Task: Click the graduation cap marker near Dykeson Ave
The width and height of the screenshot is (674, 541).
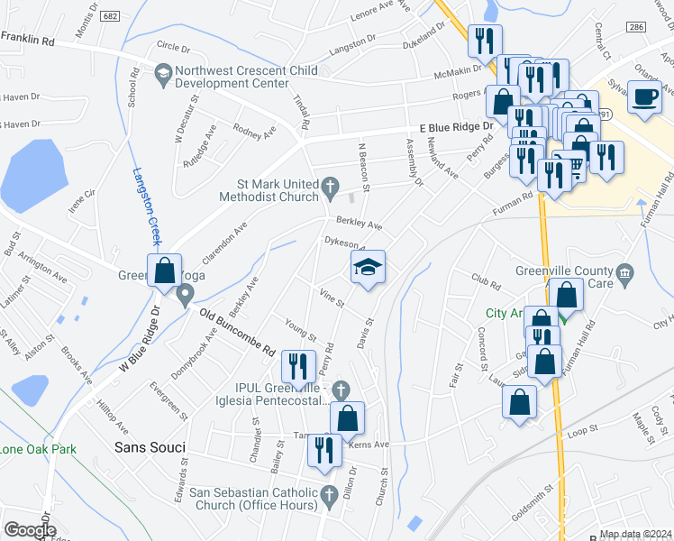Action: [x=368, y=269]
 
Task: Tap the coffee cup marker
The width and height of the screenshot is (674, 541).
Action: [x=644, y=97]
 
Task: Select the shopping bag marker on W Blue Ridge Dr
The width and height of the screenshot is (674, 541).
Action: [x=164, y=271]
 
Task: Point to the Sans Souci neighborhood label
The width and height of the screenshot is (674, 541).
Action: [x=150, y=447]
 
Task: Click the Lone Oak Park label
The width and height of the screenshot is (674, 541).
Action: [x=38, y=449]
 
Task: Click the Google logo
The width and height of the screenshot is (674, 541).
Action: [x=29, y=529]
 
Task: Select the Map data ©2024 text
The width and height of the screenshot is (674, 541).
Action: [x=635, y=534]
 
